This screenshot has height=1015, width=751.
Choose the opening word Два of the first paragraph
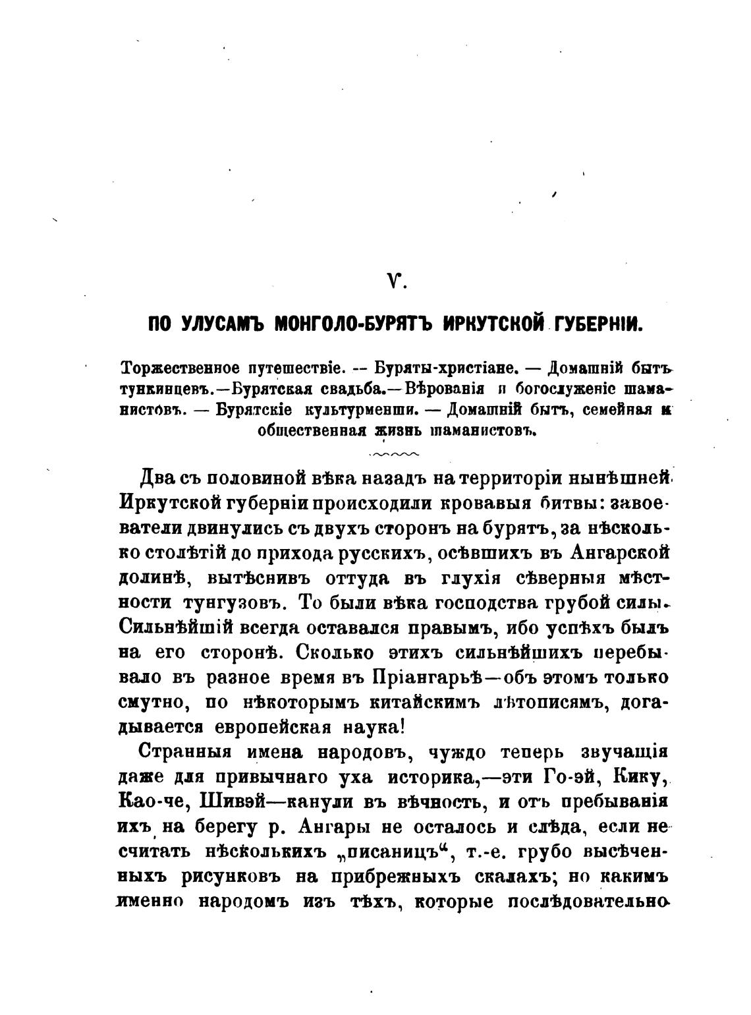pos(157,477)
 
